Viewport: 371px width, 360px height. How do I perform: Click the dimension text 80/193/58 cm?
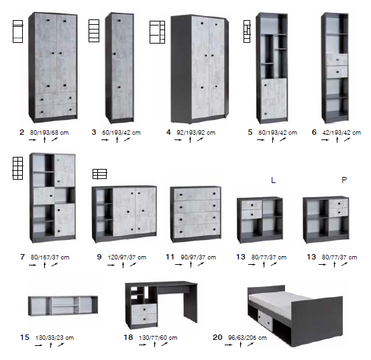pyautogui.click(x=49, y=133)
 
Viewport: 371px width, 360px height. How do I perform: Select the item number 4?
pyautogui.click(x=168, y=132)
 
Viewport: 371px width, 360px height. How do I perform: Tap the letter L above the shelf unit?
pyautogui.click(x=273, y=180)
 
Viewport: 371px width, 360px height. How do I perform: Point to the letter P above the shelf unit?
pyautogui.click(x=344, y=180)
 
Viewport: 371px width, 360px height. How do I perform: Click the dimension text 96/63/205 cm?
pyautogui.click(x=248, y=338)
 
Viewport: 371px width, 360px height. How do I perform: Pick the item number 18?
pyautogui.click(x=128, y=337)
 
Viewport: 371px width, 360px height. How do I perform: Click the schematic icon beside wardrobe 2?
pyautogui.click(x=17, y=32)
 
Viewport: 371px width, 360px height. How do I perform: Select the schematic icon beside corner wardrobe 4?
pyautogui.click(x=157, y=32)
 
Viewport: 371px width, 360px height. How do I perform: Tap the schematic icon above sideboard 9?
pyautogui.click(x=99, y=174)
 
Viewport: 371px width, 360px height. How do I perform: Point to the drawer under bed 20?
pyautogui.click(x=265, y=320)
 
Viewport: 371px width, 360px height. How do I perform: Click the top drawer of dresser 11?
pyautogui.click(x=197, y=194)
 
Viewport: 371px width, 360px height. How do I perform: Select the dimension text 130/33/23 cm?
pyautogui.click(x=54, y=338)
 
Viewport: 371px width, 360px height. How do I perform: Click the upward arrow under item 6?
pyautogui.click(x=337, y=139)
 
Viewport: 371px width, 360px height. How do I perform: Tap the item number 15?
pyautogui.click(x=25, y=337)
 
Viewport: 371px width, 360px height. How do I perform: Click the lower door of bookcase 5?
pyautogui.click(x=274, y=99)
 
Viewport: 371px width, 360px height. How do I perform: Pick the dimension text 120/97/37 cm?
pyautogui.click(x=127, y=257)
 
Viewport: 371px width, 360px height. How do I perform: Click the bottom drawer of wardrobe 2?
pyautogui.click(x=56, y=111)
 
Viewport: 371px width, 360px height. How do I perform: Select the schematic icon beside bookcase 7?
pyautogui.click(x=17, y=168)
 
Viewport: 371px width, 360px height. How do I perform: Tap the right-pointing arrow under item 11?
pyautogui.click(x=179, y=265)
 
